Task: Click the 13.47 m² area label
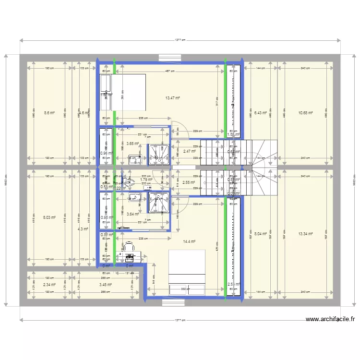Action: tap(172, 98)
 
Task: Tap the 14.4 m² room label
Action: tap(189, 242)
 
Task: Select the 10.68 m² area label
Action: tap(305, 113)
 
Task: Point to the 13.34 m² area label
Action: tap(305, 234)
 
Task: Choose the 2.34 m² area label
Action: tap(49, 285)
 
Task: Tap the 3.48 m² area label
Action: tap(105, 285)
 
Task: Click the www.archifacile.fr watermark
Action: tap(330, 319)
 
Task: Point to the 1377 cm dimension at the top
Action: tap(180, 40)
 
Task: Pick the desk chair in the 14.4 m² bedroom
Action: tap(129, 246)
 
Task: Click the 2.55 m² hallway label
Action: tap(189, 182)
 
